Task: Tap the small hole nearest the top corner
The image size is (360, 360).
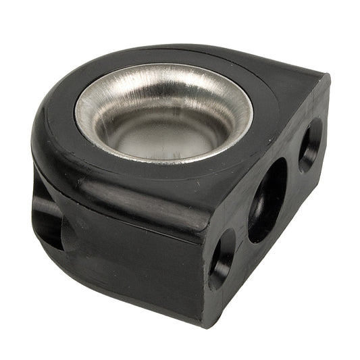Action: coord(310,144)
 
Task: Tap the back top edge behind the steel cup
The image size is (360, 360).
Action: coord(196,49)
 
